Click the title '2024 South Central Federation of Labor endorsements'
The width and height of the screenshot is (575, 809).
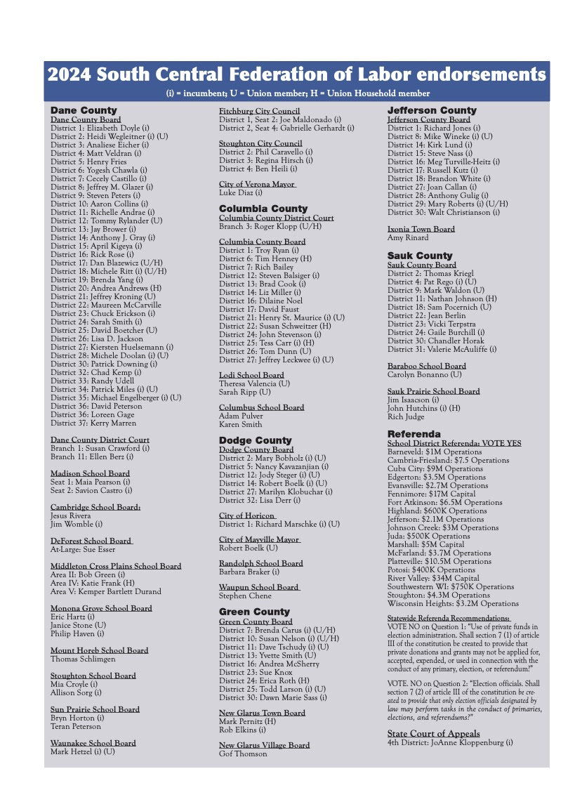click(296, 75)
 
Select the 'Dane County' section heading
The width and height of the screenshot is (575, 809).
click(84, 110)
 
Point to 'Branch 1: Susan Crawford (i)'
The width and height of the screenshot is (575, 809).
click(100, 448)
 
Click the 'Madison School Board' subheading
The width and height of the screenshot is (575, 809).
click(90, 473)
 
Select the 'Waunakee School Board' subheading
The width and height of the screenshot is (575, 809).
click(93, 743)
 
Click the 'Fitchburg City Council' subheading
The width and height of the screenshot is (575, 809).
click(259, 111)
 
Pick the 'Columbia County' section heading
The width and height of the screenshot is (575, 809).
click(263, 209)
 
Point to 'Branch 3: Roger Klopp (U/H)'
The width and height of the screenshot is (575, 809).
click(270, 226)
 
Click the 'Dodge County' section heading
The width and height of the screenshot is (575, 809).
click(255, 440)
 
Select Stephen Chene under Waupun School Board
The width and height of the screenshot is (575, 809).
click(245, 596)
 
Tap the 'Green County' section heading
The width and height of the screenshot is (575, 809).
click(254, 612)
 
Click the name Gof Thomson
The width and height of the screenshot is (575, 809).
click(243, 754)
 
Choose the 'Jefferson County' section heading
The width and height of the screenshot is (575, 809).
click(432, 110)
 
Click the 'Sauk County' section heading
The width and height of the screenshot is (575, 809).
click(420, 256)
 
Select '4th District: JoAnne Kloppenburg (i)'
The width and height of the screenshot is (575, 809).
click(450, 742)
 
